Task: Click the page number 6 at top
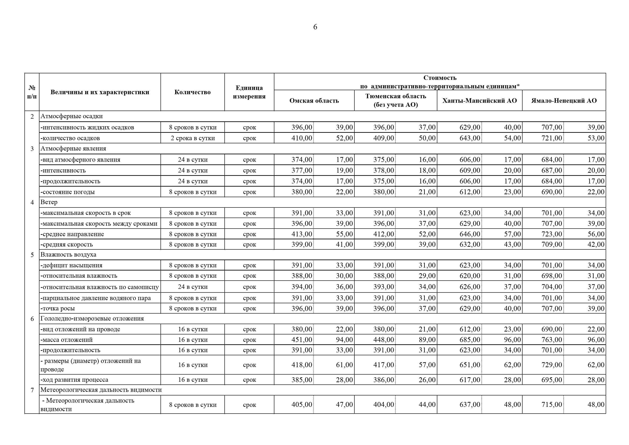click(315, 27)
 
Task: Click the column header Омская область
click(314, 101)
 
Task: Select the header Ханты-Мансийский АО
click(479, 101)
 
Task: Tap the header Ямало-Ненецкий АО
click(564, 101)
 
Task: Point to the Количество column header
click(192, 92)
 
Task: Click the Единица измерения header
click(249, 92)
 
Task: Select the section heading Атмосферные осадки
click(72, 116)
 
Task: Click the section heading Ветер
click(49, 202)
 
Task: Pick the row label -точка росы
click(58, 308)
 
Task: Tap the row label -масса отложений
click(67, 340)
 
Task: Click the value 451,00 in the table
click(302, 340)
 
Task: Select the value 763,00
click(551, 340)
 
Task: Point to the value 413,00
click(302, 234)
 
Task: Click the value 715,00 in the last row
click(551, 404)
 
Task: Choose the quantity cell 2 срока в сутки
click(193, 138)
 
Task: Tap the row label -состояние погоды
click(68, 192)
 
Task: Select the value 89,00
click(427, 340)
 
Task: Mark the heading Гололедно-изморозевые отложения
click(92, 318)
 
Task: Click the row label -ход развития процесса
click(74, 380)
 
